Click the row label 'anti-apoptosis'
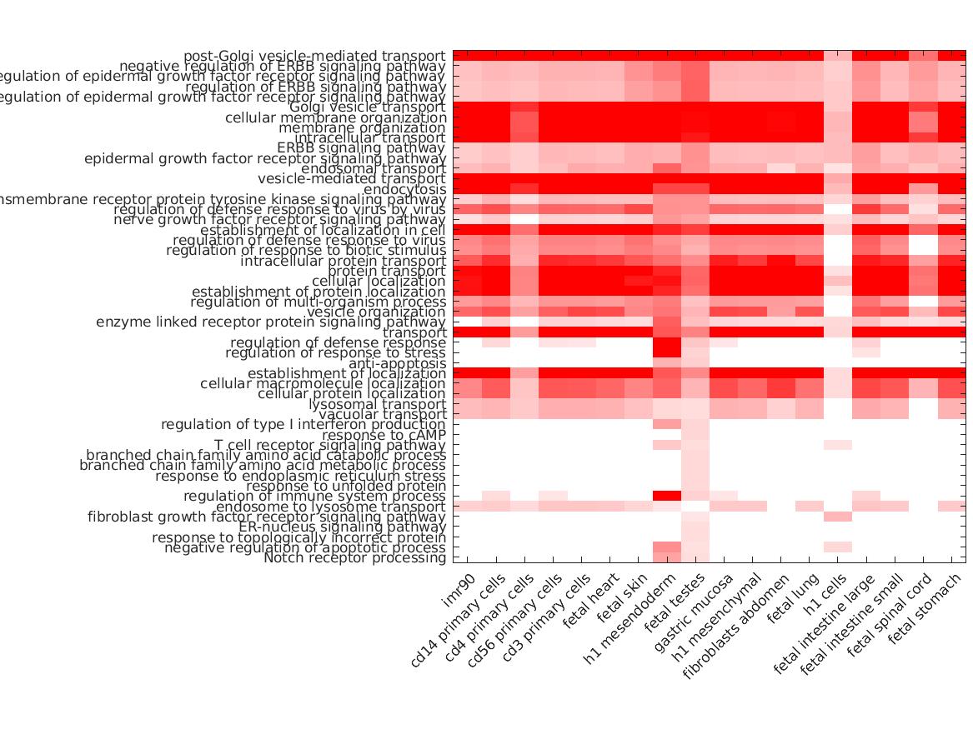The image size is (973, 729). click(x=397, y=363)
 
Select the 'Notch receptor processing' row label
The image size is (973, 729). click(x=354, y=557)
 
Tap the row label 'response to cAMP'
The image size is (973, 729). click(x=384, y=435)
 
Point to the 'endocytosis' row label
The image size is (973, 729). click(x=404, y=189)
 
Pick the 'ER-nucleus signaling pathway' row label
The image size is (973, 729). click(x=342, y=527)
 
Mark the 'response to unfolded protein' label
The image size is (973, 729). click(x=346, y=486)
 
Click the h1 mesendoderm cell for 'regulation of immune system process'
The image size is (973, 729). click(x=666, y=496)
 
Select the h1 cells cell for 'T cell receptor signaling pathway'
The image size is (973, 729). click(x=838, y=445)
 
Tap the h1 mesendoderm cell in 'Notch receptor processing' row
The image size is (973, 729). click(x=666, y=557)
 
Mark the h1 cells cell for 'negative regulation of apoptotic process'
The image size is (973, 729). click(x=838, y=547)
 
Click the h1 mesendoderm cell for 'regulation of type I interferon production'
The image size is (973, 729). click(x=666, y=424)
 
